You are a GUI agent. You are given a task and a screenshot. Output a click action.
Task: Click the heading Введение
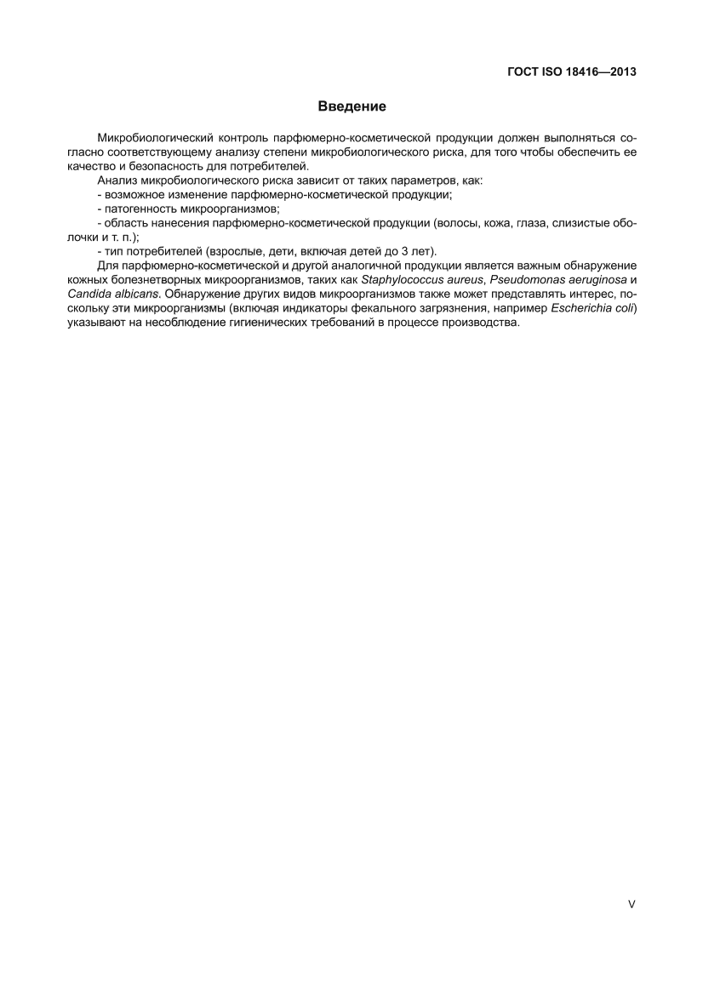pyautogui.click(x=351, y=106)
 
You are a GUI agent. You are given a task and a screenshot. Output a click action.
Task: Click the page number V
pyautogui.click(x=632, y=905)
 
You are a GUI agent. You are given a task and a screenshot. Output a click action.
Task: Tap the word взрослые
pyautogui.click(x=223, y=251)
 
